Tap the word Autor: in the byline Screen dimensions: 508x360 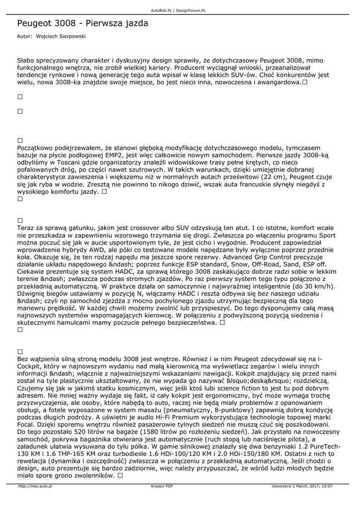pos(24,36)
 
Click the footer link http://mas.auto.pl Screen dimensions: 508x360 pos(35,487)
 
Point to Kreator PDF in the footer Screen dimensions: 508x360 pos(162,487)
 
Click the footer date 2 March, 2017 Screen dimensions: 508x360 pos(303,487)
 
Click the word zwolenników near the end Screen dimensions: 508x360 pos(89,475)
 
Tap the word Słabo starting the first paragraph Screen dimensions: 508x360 pos(27,60)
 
